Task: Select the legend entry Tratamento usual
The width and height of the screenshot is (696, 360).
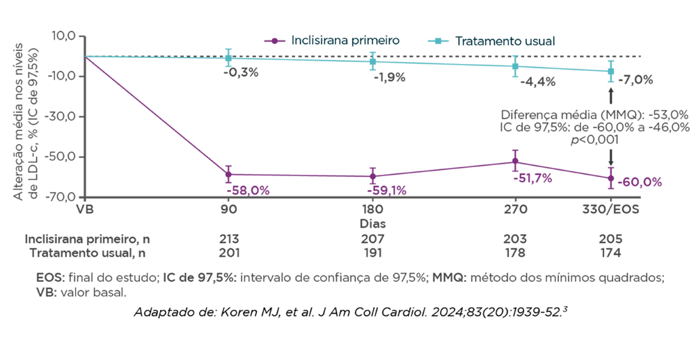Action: [505, 41]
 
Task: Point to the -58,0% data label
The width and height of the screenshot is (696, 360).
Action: [247, 189]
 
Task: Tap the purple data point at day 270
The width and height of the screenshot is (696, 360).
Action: [515, 162]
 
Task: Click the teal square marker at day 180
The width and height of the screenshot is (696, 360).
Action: [373, 61]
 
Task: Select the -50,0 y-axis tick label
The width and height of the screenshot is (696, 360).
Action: [66, 157]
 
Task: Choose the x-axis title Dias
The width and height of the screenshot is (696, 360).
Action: [373, 224]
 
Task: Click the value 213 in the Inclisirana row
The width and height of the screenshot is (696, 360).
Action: [228, 238]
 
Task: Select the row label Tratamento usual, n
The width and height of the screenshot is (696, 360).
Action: [88, 252]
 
